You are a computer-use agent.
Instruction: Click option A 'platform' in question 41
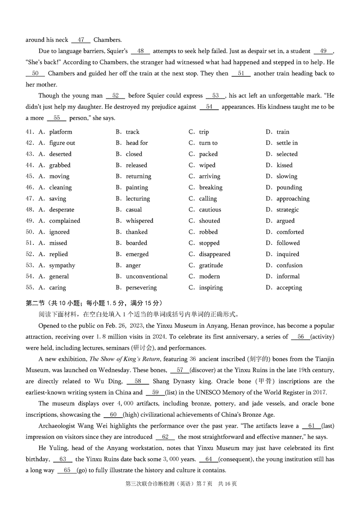coord(60,132)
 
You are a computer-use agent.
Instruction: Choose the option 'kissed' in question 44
coord(284,165)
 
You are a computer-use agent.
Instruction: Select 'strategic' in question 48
coord(288,210)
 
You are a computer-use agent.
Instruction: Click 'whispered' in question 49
coord(139,221)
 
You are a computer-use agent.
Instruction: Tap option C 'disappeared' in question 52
coord(215,254)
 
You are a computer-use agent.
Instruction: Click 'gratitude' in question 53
coord(211,266)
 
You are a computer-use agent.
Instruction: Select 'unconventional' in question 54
coord(147,276)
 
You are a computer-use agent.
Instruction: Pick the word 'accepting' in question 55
coord(289,288)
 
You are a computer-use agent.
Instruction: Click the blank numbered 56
coord(301,337)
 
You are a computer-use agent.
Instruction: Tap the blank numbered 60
coord(113,414)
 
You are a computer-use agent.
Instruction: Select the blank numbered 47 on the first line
coord(81,40)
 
